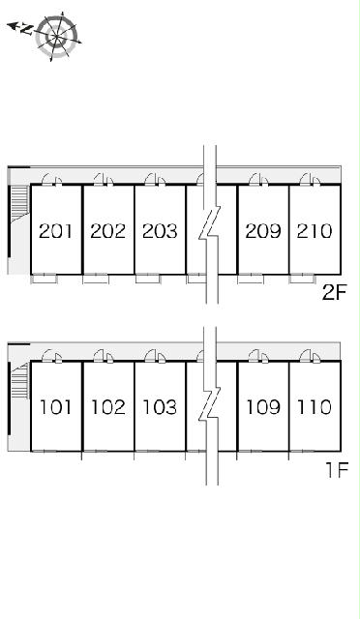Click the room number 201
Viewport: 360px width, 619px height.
point(56,231)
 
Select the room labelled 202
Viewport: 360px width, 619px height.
point(107,231)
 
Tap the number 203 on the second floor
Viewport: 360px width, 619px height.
point(160,231)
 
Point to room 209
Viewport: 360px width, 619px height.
point(263,231)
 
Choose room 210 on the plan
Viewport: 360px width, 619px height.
point(315,231)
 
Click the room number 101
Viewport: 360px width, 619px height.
point(56,407)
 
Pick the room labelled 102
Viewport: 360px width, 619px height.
point(107,407)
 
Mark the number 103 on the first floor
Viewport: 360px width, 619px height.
point(160,407)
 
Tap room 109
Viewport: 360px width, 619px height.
point(263,407)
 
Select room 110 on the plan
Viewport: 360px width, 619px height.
point(315,407)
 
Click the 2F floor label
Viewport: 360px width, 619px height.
point(334,293)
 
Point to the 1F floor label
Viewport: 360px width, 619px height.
point(336,470)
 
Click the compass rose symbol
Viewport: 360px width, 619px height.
point(56,37)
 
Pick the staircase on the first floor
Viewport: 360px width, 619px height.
point(19,381)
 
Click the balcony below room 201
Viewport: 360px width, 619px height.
point(44,279)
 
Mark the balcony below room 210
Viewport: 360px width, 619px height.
point(302,279)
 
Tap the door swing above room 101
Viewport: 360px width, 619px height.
point(47,355)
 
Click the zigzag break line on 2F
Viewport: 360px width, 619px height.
point(210,224)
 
